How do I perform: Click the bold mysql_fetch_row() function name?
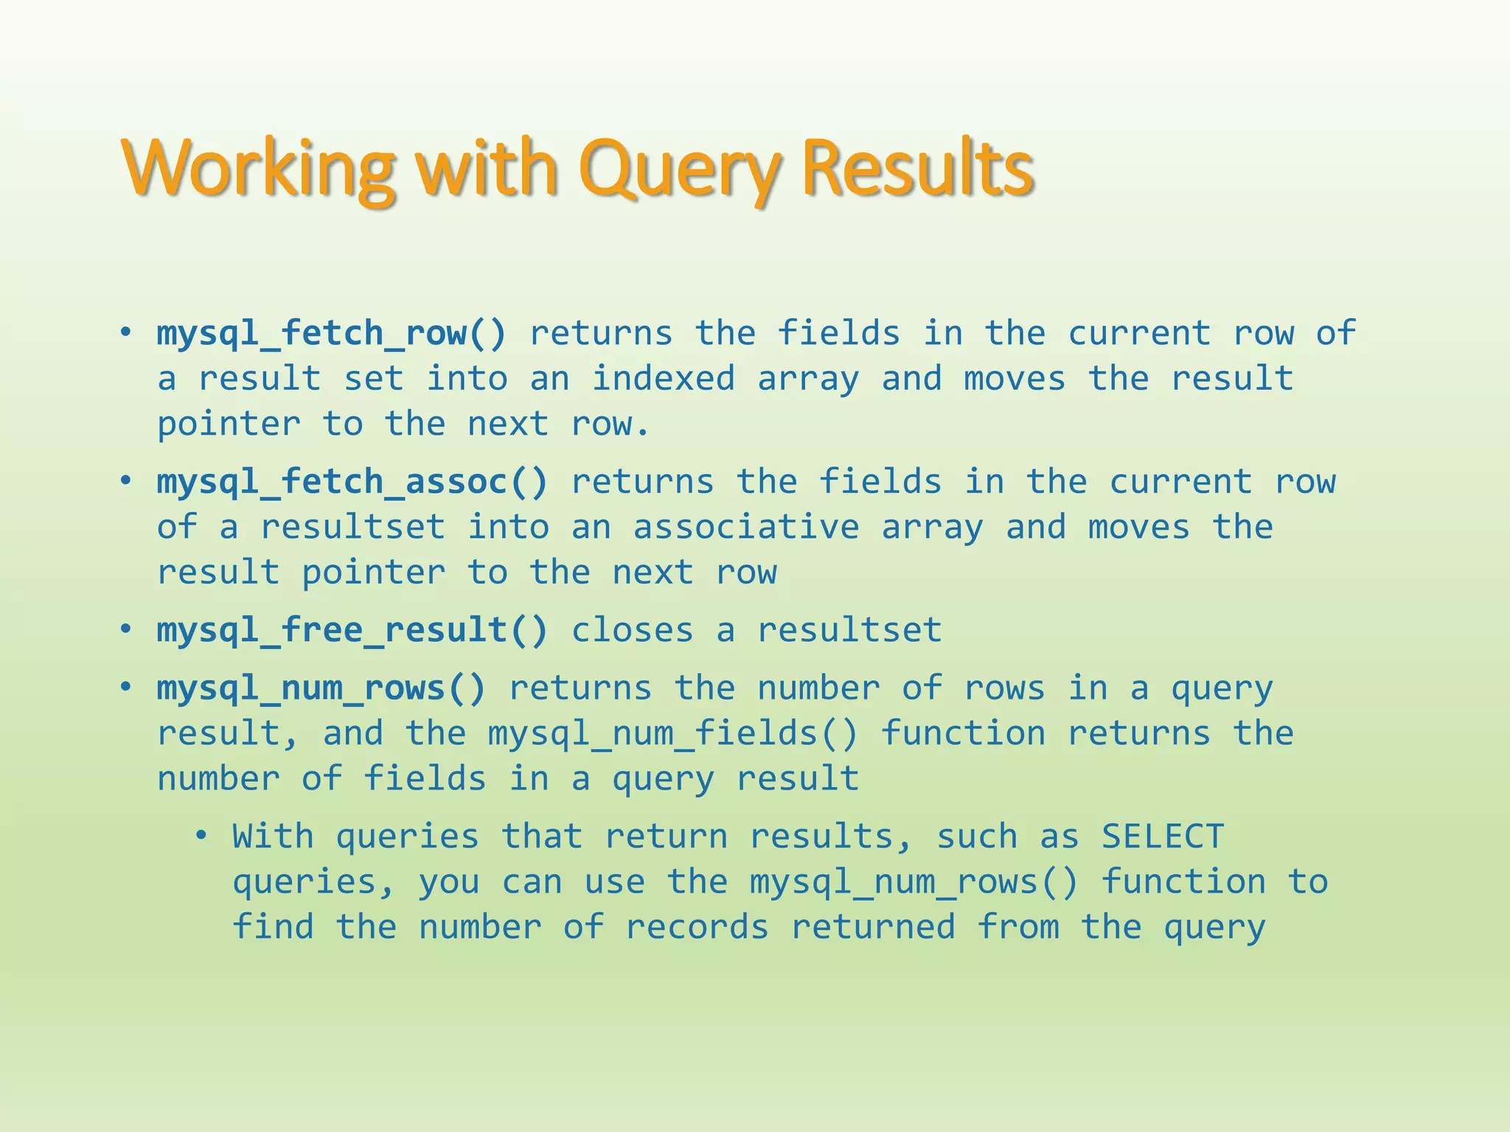click(x=332, y=333)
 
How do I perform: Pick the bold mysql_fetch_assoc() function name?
click(x=352, y=482)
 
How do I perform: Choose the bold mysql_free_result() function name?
click(x=352, y=630)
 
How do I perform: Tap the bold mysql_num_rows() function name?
click(x=321, y=688)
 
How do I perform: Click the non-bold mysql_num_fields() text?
click(x=673, y=733)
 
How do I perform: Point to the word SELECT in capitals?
click(x=1163, y=836)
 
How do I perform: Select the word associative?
click(x=746, y=528)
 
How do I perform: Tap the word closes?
click(x=633, y=630)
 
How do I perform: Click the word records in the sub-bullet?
click(x=697, y=927)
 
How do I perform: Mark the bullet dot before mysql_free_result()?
click(x=126, y=630)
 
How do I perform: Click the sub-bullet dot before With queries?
click(x=201, y=836)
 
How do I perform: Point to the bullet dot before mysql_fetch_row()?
click(x=126, y=333)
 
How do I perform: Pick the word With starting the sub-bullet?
click(x=274, y=836)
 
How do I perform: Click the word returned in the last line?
click(x=873, y=927)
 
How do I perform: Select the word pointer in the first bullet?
click(x=228, y=424)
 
